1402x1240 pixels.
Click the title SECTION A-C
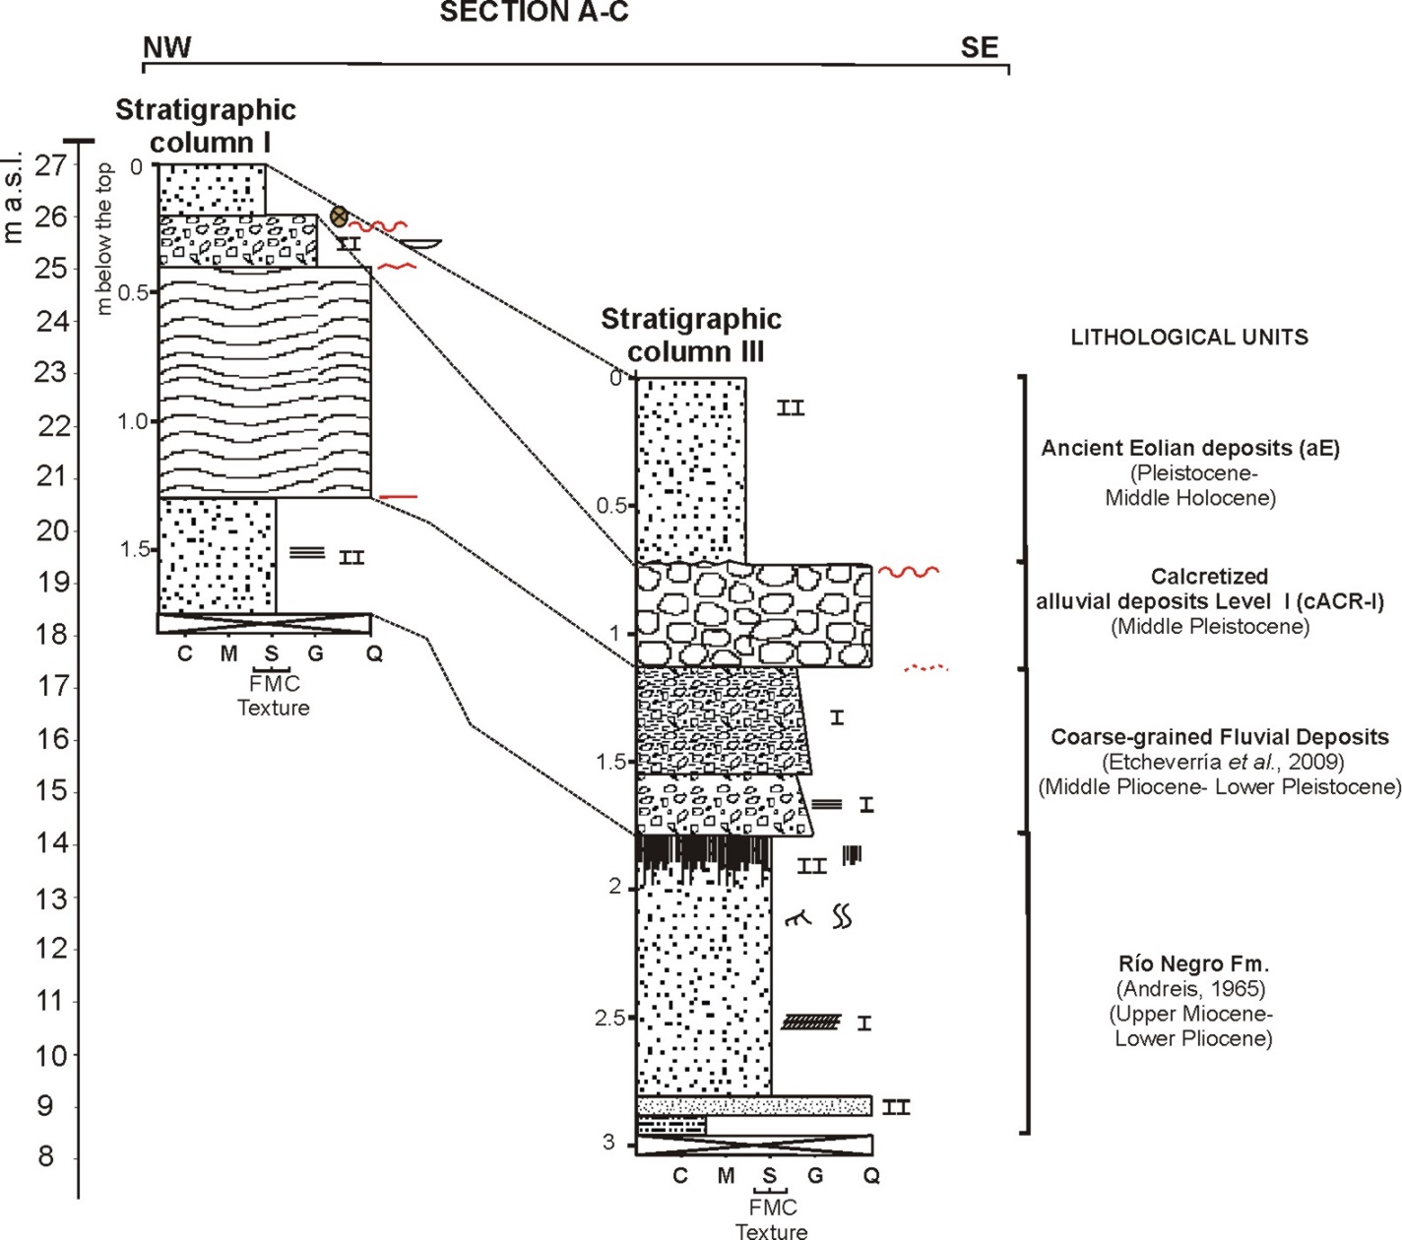[x=534, y=12]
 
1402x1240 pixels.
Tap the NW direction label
[x=166, y=47]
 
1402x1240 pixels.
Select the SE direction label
[x=980, y=47]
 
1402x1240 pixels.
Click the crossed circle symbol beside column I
[x=339, y=217]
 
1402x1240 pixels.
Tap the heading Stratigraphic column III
[x=691, y=336]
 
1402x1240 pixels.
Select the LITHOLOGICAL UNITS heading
[x=1189, y=338]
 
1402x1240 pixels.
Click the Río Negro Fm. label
[x=1193, y=963]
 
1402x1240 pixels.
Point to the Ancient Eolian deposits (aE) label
[x=1190, y=448]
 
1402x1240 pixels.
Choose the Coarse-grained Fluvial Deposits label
[x=1219, y=736]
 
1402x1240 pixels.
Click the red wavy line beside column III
[x=909, y=571]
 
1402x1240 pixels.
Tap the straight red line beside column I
[x=399, y=497]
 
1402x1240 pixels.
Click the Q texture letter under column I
[x=374, y=652]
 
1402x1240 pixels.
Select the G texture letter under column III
[x=815, y=1175]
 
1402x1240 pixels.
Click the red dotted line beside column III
[x=925, y=668]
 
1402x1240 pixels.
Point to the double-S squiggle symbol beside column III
[x=842, y=916]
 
